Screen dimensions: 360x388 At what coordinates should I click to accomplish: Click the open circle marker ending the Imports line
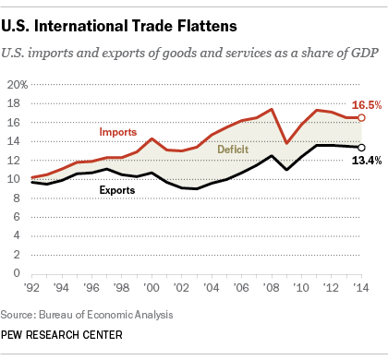361,118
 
